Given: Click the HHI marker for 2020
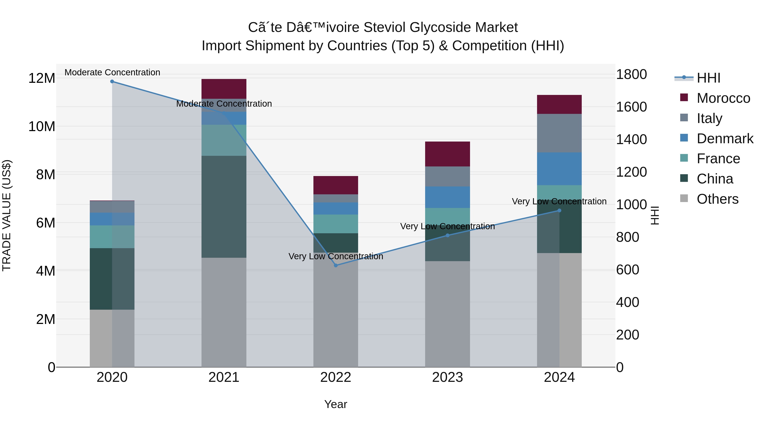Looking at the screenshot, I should [x=112, y=82].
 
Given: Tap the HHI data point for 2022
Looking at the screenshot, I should [x=336, y=265].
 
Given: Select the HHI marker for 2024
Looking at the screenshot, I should [x=559, y=210].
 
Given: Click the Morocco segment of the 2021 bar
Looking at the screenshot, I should [x=224, y=89].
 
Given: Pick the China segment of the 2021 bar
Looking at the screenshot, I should [x=224, y=206].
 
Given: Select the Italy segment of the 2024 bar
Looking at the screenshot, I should [x=559, y=133].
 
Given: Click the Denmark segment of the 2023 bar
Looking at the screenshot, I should [x=447, y=197].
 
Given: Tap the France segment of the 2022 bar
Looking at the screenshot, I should [x=336, y=224].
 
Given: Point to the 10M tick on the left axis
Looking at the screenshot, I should [x=42, y=127].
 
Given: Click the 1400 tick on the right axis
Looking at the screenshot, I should [x=631, y=139].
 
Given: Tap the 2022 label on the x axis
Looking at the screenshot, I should [x=336, y=377].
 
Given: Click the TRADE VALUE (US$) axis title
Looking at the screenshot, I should [x=7, y=215].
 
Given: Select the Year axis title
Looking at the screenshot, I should [x=336, y=404].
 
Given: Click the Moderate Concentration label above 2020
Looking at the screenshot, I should [x=112, y=72].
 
